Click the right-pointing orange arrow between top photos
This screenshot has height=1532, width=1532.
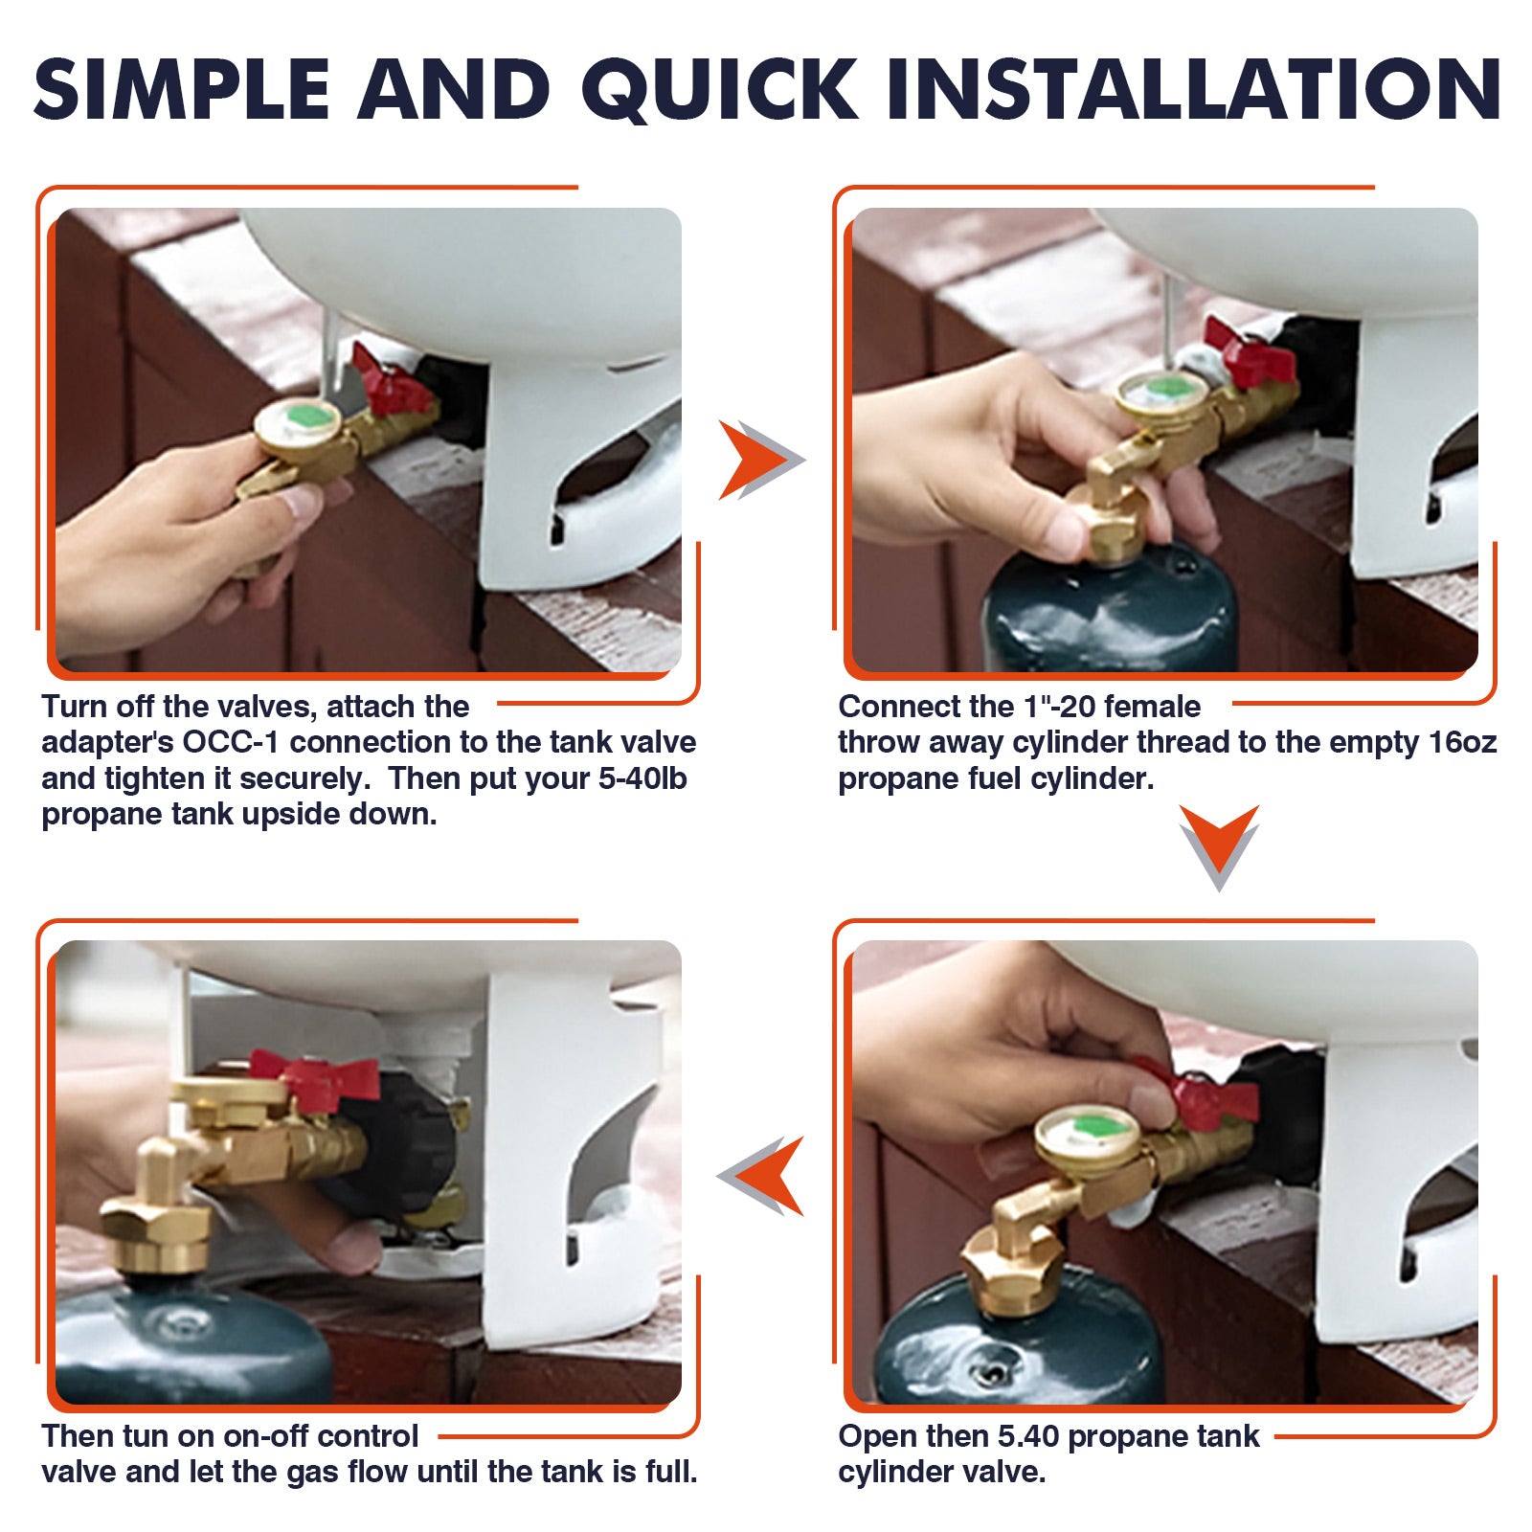760,460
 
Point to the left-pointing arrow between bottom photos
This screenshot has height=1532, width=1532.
762,1176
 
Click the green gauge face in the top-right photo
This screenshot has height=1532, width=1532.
1161,390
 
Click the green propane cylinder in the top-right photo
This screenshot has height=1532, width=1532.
1111,613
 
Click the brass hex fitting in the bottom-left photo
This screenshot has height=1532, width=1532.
158,1235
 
